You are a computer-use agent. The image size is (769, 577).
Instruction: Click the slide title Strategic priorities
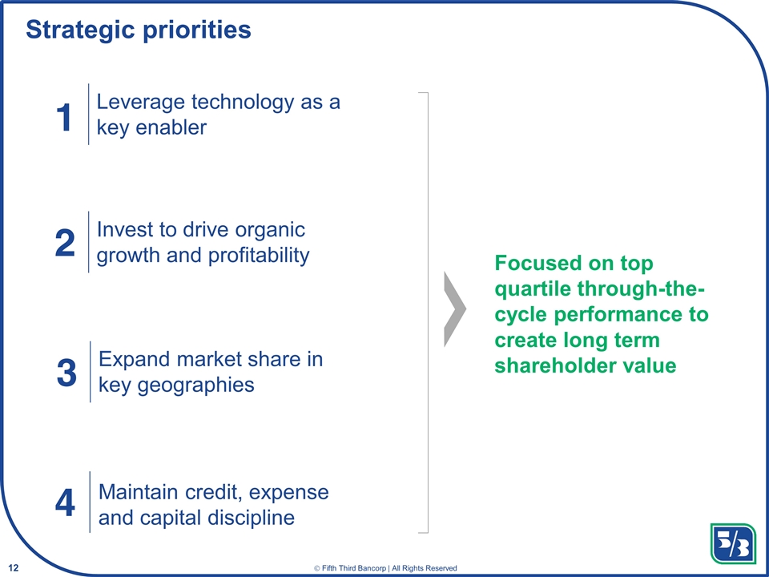[x=139, y=30]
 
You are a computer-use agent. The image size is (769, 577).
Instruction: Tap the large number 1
[x=64, y=118]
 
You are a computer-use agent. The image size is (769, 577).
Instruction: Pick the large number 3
[x=66, y=373]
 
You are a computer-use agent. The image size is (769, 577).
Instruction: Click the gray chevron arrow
[x=454, y=309]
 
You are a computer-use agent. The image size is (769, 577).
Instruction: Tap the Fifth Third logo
[x=732, y=543]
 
